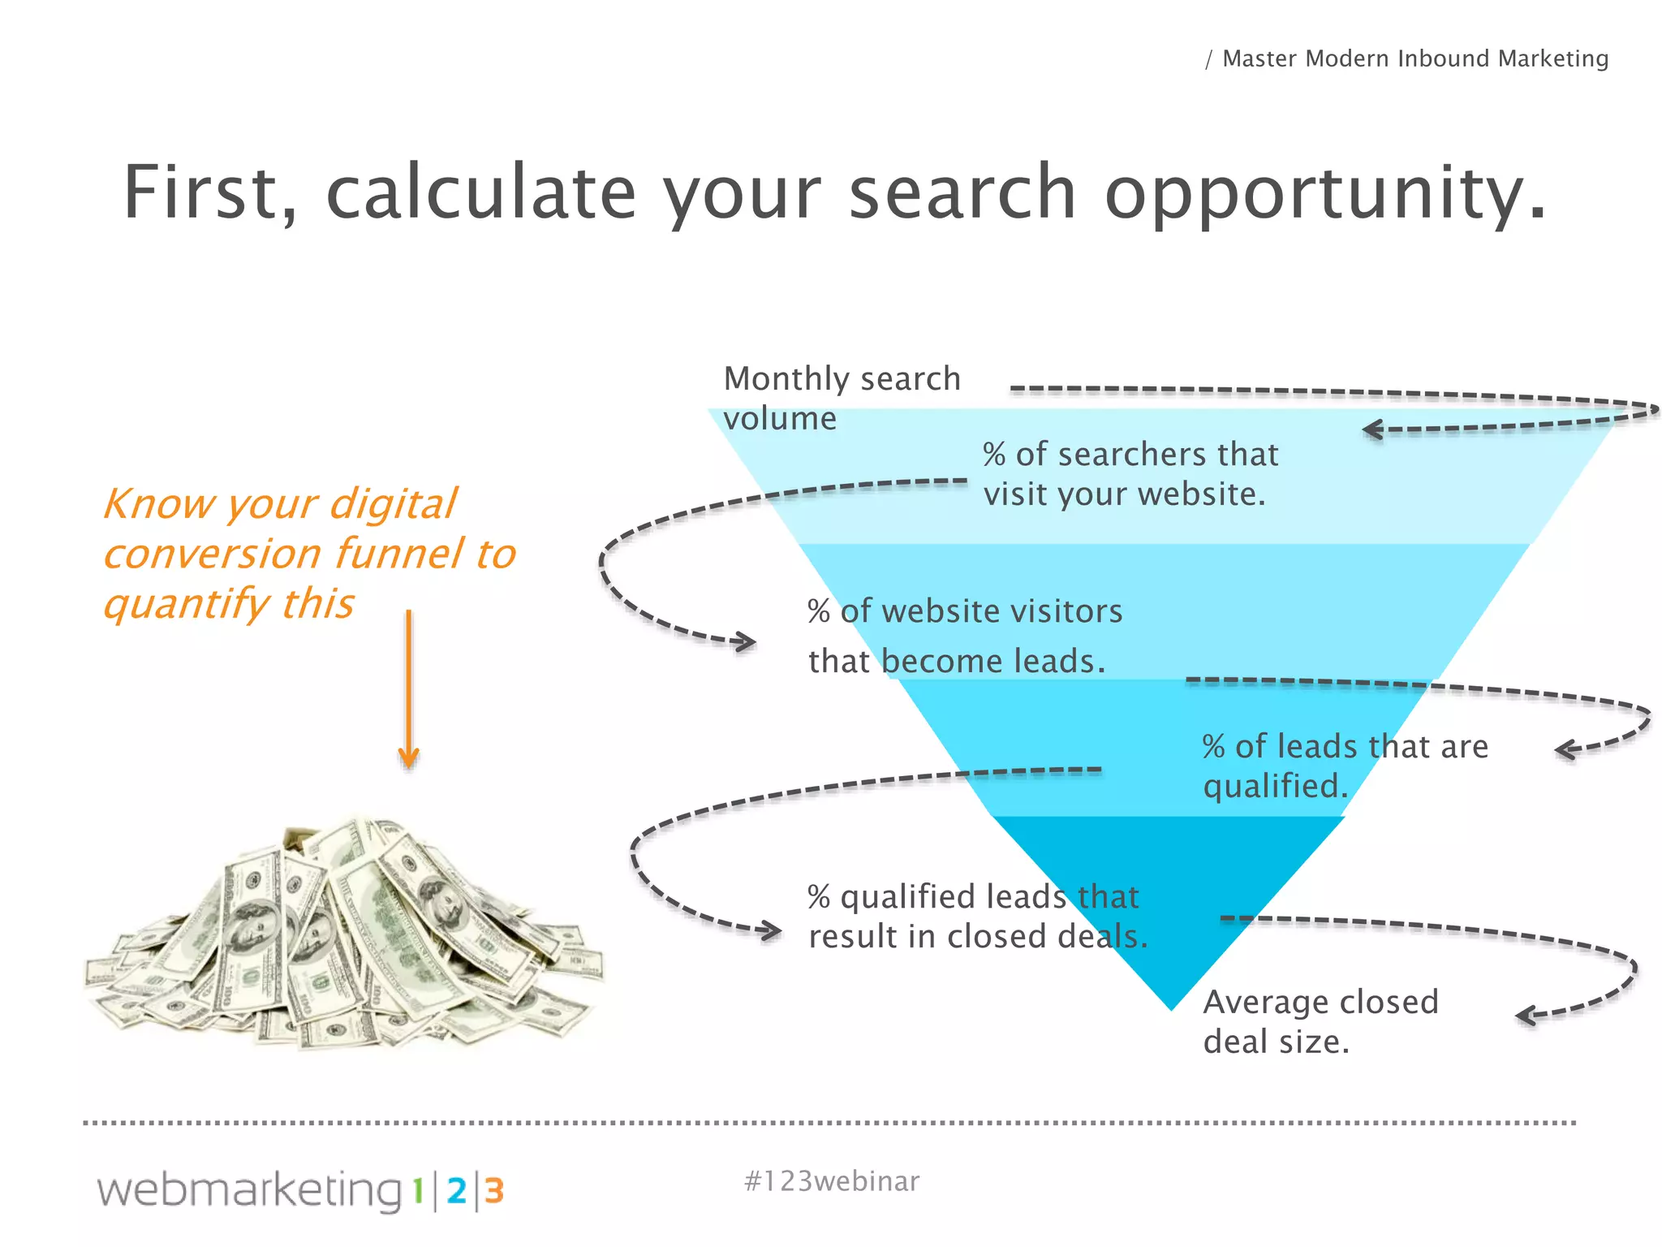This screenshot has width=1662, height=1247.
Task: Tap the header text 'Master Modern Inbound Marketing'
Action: coord(1414,58)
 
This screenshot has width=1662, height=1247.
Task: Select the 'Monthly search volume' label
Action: coord(841,398)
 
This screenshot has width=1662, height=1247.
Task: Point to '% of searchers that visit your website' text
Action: coord(1130,473)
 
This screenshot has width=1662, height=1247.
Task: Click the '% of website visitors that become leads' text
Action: coord(964,636)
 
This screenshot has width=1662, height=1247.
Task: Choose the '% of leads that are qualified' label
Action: coord(1344,766)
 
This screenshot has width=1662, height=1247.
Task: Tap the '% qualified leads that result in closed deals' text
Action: coord(977,917)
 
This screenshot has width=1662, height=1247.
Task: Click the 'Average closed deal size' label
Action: coord(1320,1021)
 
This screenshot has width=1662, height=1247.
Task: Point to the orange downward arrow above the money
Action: coord(408,690)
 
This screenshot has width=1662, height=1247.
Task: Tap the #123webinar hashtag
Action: coord(831,1181)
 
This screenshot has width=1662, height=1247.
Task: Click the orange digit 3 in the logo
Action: coord(494,1191)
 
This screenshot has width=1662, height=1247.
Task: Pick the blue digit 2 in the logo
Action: coord(457,1191)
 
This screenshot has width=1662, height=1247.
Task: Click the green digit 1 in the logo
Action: coord(417,1191)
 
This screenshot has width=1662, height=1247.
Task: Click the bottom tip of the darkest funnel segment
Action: coord(1171,1005)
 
